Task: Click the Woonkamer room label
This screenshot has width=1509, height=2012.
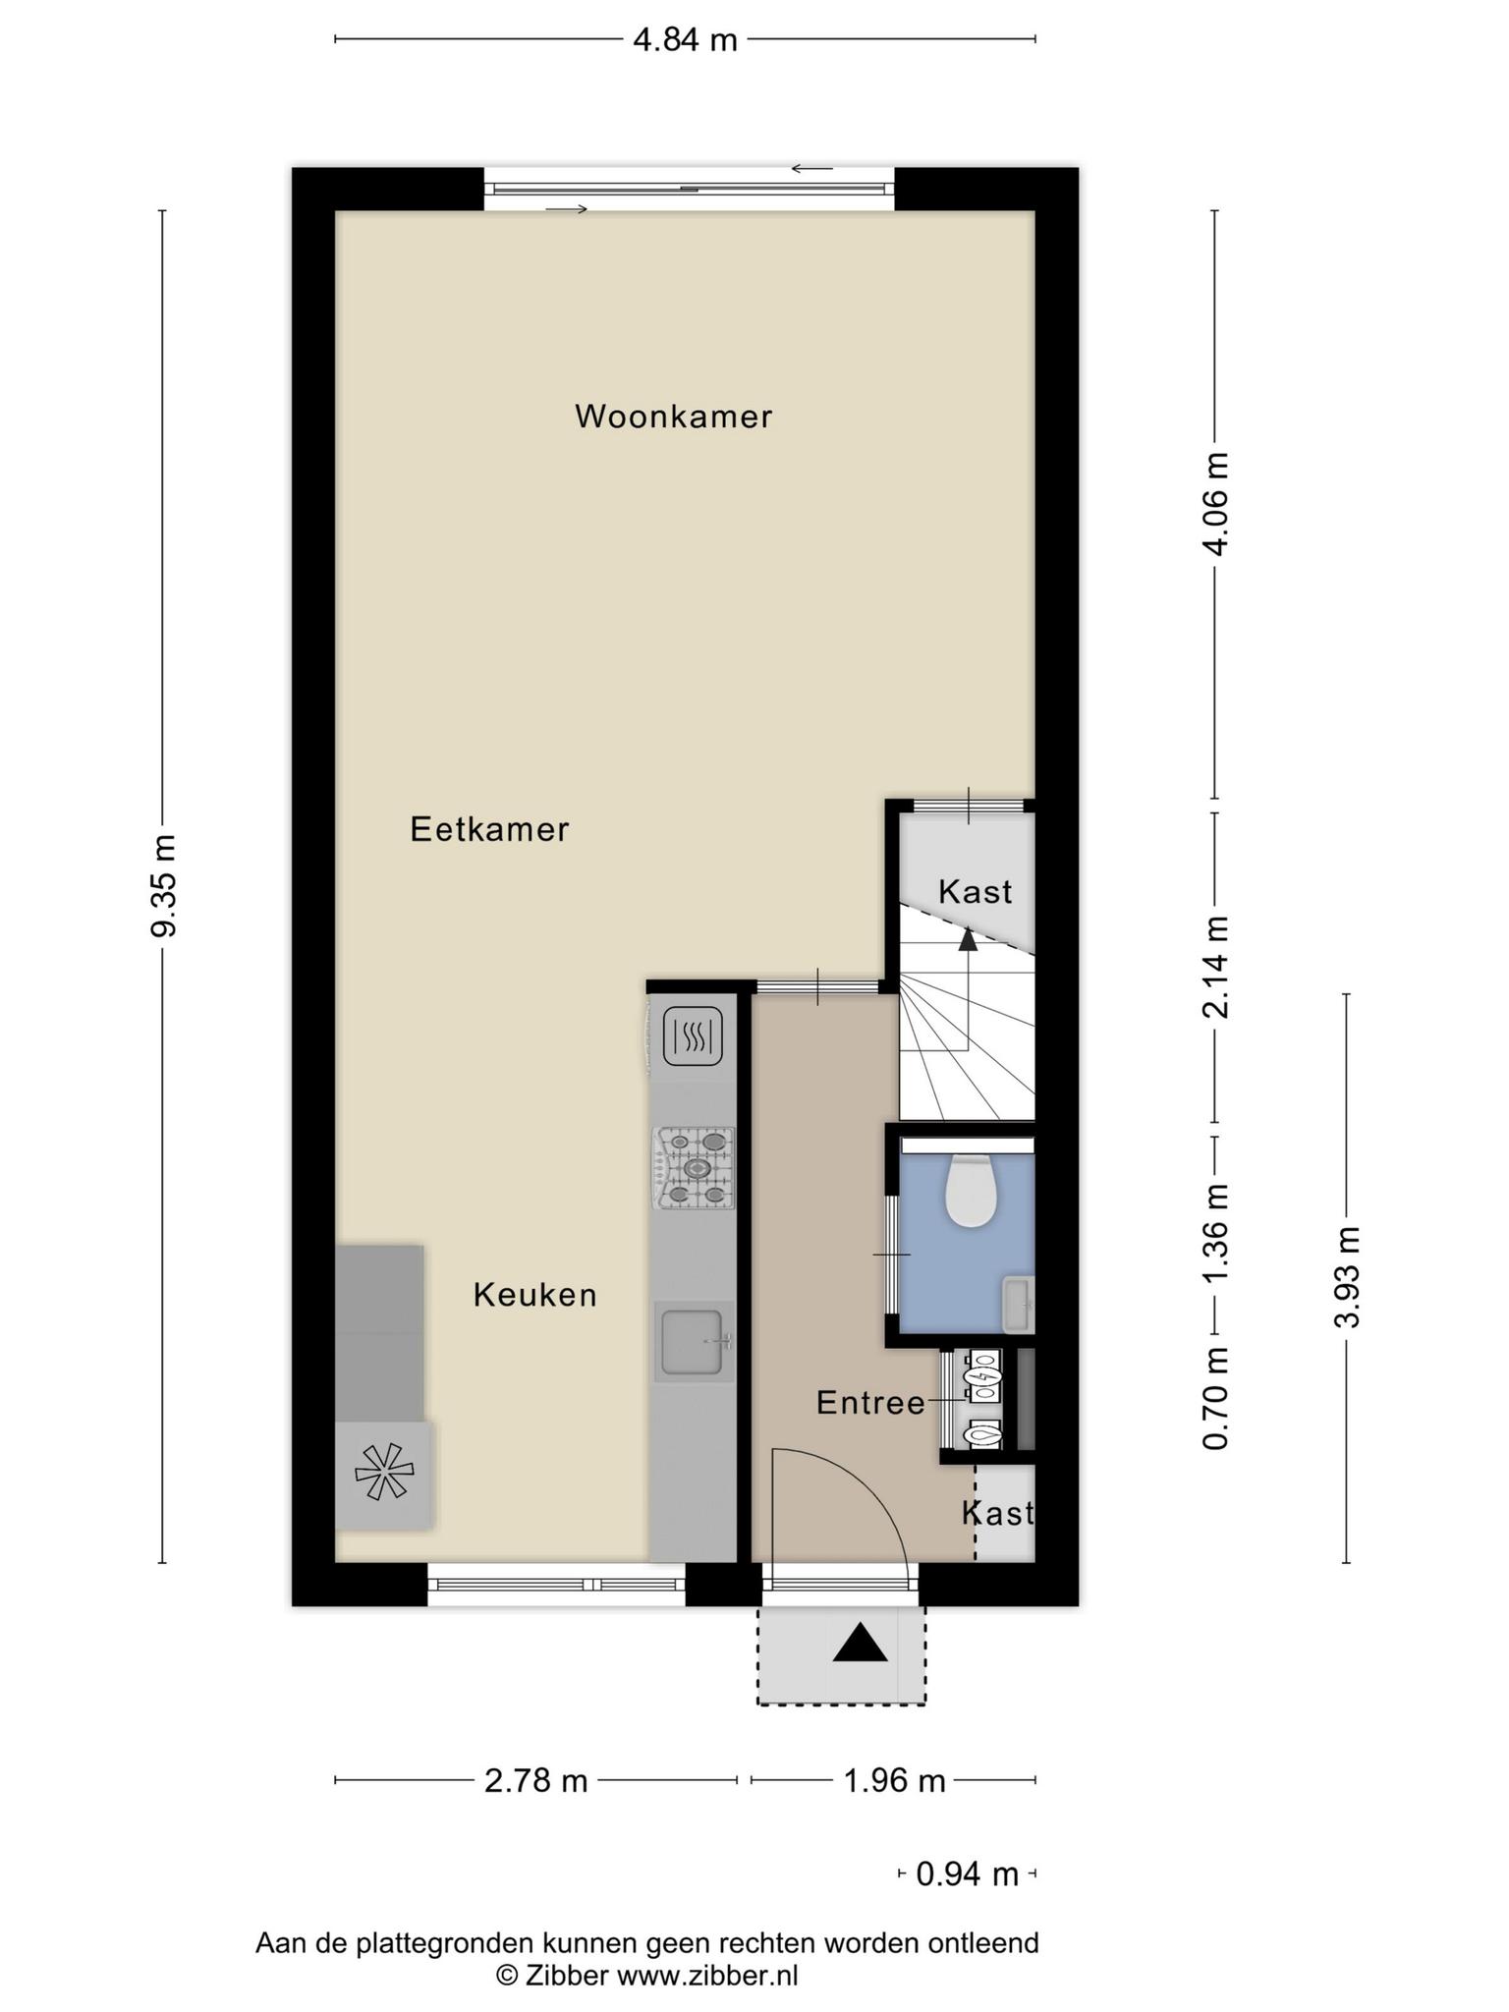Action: pos(674,417)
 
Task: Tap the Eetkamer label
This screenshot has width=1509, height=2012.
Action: pos(489,829)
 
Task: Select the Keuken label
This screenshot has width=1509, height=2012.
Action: pos(535,1295)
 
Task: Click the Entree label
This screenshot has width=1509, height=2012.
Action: pos(870,1403)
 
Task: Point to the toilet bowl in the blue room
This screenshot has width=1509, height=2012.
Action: pos(971,1191)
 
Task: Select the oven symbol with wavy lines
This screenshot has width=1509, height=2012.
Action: pos(695,1036)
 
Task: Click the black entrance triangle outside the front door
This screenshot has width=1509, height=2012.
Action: pos(860,1643)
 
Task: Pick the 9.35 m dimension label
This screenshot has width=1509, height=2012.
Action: pos(164,885)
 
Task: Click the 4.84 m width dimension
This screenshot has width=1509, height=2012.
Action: pos(685,40)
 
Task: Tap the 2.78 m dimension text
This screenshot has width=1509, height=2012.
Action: pos(535,1780)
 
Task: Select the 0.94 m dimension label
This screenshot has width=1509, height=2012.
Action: pos(967,1874)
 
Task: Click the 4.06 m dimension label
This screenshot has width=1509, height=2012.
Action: pos(1216,504)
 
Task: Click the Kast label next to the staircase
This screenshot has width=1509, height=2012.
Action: pos(975,892)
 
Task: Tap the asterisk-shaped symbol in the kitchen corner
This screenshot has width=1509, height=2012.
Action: pos(384,1472)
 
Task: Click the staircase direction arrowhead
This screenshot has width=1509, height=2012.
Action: pos(968,939)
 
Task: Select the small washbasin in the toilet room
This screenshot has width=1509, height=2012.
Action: pos(1018,1305)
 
